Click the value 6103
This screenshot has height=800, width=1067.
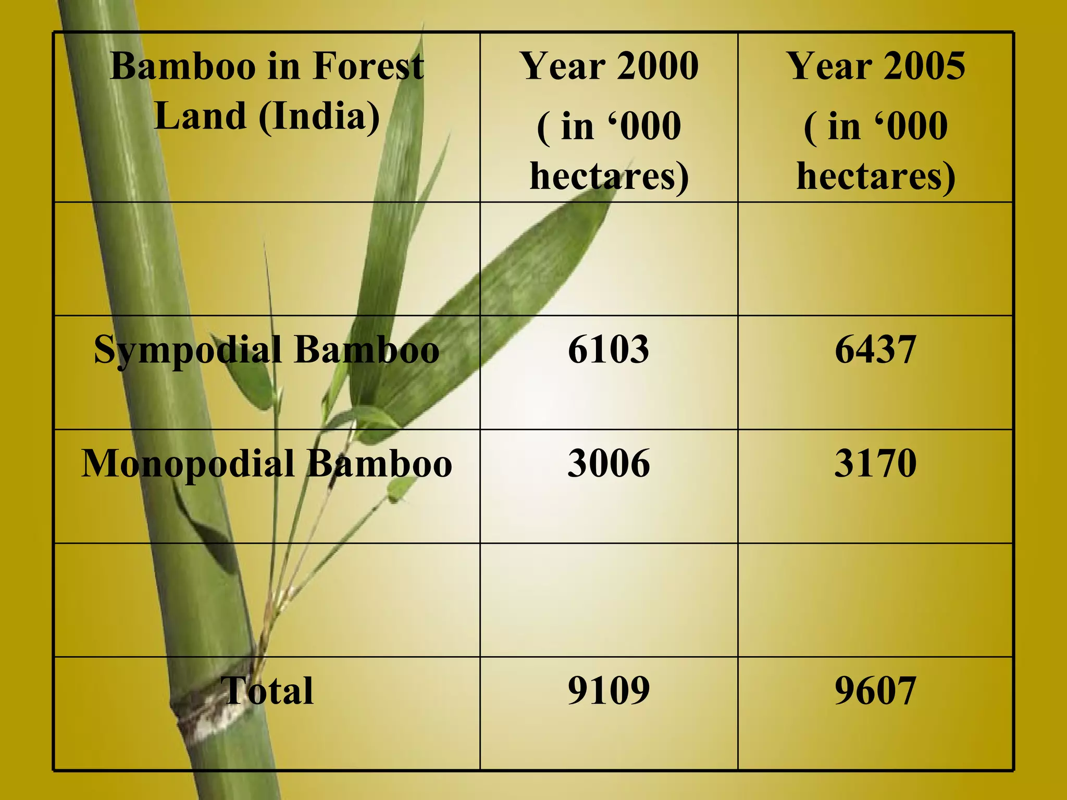click(608, 349)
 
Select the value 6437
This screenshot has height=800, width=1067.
click(875, 349)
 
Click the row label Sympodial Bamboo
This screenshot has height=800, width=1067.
click(266, 350)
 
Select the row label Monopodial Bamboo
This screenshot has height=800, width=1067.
click(266, 464)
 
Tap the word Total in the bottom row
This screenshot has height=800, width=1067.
click(267, 691)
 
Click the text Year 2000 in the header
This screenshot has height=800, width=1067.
click(609, 66)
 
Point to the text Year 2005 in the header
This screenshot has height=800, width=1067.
click(876, 66)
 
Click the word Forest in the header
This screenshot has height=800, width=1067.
click(368, 66)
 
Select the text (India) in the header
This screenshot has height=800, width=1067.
click(319, 116)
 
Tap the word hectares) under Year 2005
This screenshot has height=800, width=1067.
click(876, 176)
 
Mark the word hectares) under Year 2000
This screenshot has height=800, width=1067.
click(609, 176)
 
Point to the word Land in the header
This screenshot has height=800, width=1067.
click(200, 116)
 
